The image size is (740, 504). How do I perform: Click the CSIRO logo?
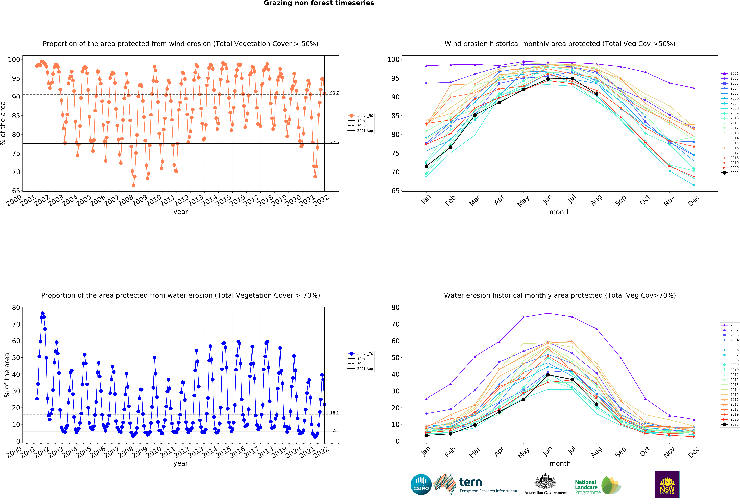point(421,485)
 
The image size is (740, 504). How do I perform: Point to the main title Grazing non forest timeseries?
point(319,3)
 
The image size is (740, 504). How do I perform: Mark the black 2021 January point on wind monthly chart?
point(426,166)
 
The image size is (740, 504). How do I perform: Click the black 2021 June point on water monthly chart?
point(548,375)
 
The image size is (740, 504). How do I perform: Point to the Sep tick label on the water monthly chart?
point(620,452)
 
